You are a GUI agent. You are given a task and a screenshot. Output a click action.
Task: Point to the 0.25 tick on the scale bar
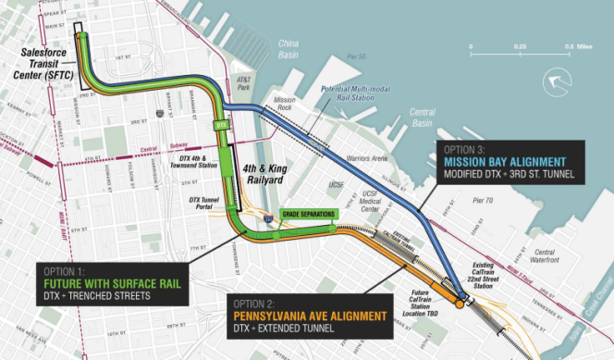(521, 45)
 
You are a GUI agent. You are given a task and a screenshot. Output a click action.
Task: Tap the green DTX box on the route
(219, 123)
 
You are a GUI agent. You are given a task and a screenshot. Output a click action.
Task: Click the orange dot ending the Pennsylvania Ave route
(460, 303)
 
